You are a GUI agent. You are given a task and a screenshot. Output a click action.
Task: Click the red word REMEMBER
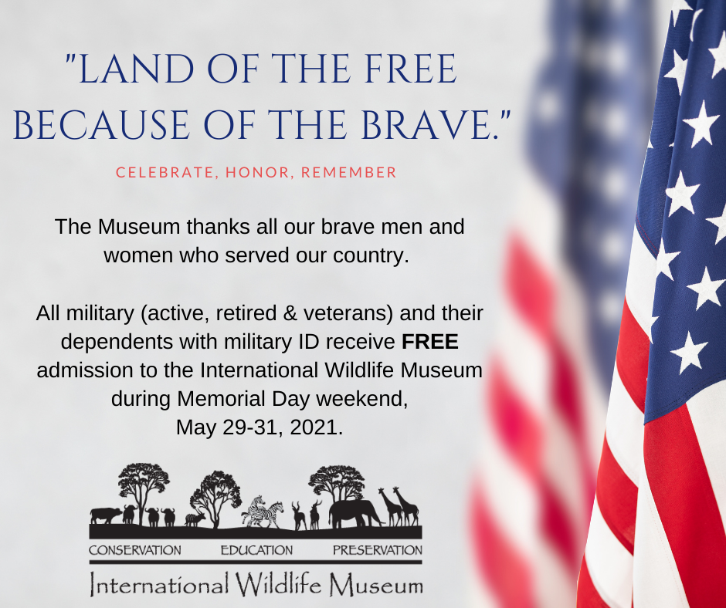[348, 172]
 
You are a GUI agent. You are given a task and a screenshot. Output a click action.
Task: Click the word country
[371, 255]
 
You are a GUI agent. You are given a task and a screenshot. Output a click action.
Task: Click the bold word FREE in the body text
[430, 342]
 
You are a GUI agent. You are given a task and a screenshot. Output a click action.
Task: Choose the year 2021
[316, 427]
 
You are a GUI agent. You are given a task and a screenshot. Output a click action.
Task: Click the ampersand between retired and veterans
[290, 313]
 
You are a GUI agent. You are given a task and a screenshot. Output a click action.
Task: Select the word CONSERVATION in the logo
[135, 550]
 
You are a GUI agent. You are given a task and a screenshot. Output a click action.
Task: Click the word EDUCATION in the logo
[256, 550]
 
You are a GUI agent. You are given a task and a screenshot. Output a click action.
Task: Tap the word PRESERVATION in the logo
[378, 550]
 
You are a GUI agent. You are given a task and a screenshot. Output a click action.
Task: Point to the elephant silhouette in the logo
[355, 513]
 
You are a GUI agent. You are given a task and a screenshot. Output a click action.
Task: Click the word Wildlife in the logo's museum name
[279, 584]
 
